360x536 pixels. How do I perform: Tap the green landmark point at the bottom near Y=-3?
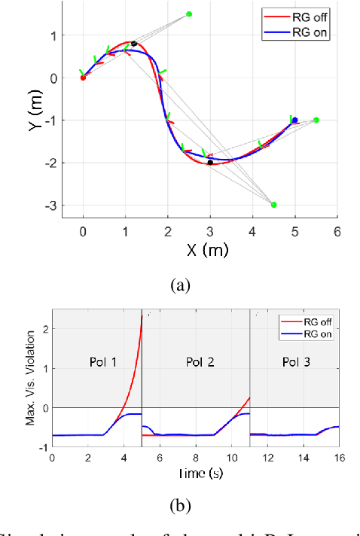(273, 205)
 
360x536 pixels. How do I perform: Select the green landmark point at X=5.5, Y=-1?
(316, 120)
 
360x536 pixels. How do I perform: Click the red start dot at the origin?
(83, 78)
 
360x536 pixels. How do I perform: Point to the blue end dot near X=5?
(294, 120)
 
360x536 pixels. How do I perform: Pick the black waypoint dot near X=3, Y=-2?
(210, 163)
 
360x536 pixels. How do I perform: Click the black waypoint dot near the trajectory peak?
(133, 44)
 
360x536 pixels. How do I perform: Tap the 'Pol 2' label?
(200, 363)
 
